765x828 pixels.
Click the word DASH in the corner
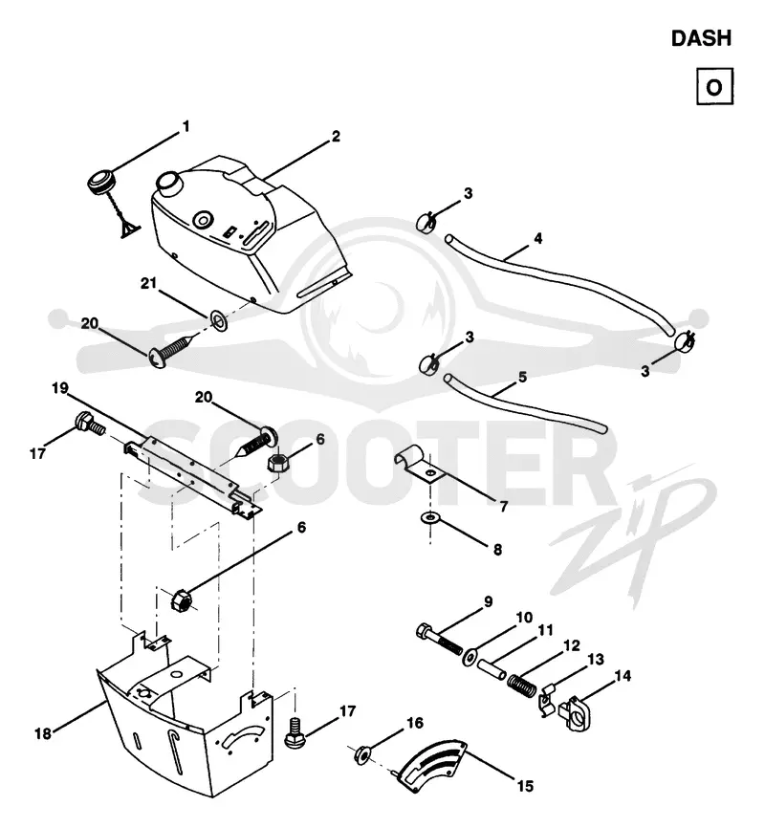point(701,38)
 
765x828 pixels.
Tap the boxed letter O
point(714,86)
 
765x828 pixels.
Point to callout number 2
point(336,136)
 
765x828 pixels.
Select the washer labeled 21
point(219,320)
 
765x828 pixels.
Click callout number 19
point(60,388)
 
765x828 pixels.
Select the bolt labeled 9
point(440,639)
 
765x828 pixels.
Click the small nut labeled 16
point(361,754)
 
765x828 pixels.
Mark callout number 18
point(43,733)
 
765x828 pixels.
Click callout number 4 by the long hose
point(537,239)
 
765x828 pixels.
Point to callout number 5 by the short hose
point(522,377)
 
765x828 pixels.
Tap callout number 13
point(596,659)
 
